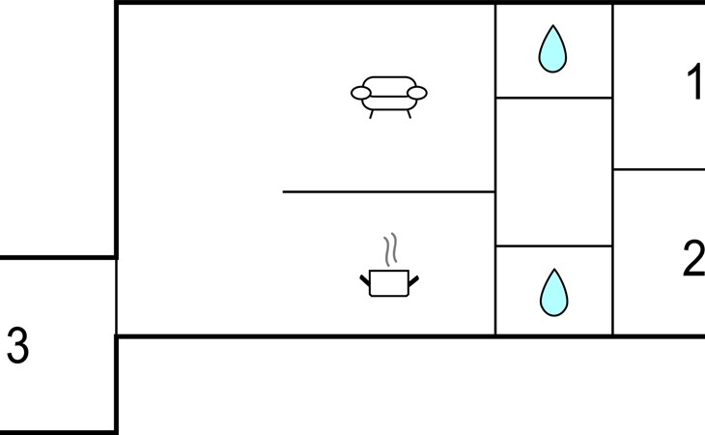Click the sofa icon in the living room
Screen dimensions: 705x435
point(389,97)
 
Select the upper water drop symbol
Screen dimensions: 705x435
point(552,49)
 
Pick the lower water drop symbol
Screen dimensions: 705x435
point(553,293)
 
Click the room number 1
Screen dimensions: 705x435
point(695,81)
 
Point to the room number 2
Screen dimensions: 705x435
point(693,258)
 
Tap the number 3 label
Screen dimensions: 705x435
point(18,345)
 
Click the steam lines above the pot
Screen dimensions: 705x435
point(391,248)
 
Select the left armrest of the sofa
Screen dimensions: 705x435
point(361,93)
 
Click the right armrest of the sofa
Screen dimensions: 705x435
point(417,93)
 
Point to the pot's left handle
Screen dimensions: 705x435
point(365,281)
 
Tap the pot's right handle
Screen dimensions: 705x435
point(413,281)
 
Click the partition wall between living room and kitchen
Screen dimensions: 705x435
point(389,192)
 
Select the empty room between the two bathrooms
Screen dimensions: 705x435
point(554,172)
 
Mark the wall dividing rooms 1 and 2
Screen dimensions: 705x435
point(660,169)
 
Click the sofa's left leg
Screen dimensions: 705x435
point(371,114)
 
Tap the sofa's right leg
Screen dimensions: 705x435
point(409,114)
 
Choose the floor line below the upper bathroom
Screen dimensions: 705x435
point(554,98)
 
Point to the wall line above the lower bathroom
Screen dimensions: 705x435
point(554,246)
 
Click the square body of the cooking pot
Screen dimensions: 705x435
point(389,283)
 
